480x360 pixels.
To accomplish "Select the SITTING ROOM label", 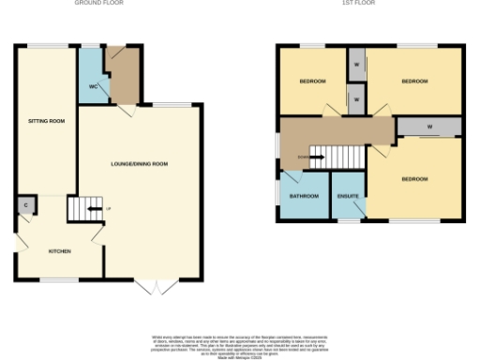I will tap(46, 121).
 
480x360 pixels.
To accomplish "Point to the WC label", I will tap(94, 86).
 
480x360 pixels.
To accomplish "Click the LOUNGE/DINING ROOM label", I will tap(140, 164).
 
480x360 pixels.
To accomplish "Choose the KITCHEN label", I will tap(59, 250).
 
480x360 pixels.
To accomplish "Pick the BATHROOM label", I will tap(304, 196).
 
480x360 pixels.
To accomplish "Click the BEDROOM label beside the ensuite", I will tap(414, 179).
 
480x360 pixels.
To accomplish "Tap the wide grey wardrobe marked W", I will tap(427, 126).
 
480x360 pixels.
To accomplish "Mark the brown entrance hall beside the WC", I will tap(123, 75).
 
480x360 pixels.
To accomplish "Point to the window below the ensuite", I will tap(350, 222).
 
